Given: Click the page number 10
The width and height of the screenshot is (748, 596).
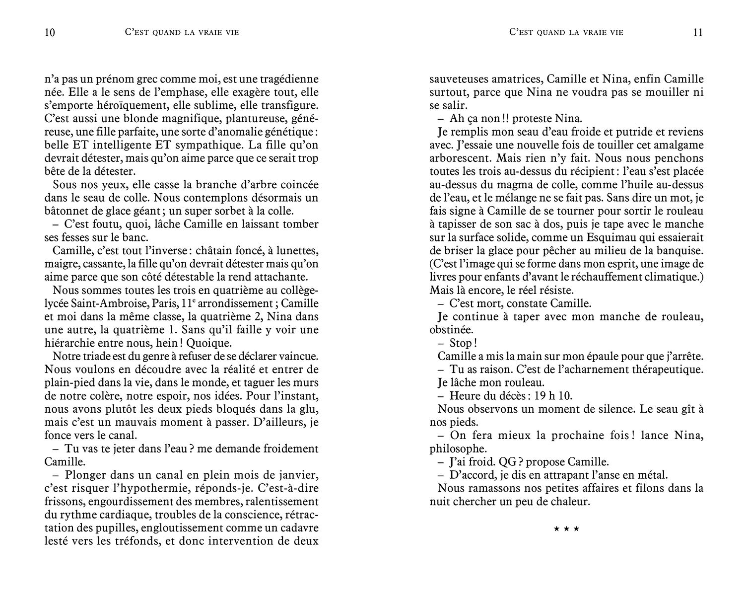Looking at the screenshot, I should coord(50,33).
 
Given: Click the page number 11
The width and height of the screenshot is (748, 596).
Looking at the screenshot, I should coord(697,33).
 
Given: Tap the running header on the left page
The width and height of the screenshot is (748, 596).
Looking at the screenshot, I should coord(182,33).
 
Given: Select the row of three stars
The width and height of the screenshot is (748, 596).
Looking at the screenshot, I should coord(566,529).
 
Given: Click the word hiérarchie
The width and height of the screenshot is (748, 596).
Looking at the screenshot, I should coord(75,343).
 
